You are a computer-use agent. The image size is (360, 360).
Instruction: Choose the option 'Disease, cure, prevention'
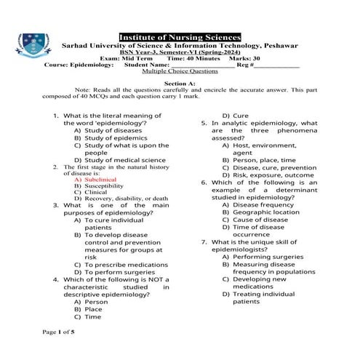click(274, 167)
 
